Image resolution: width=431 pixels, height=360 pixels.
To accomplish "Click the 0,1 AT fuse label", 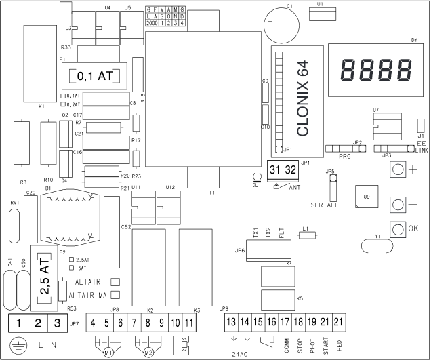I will point(96,75).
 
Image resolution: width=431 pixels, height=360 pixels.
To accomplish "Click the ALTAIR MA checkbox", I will point(115,295).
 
